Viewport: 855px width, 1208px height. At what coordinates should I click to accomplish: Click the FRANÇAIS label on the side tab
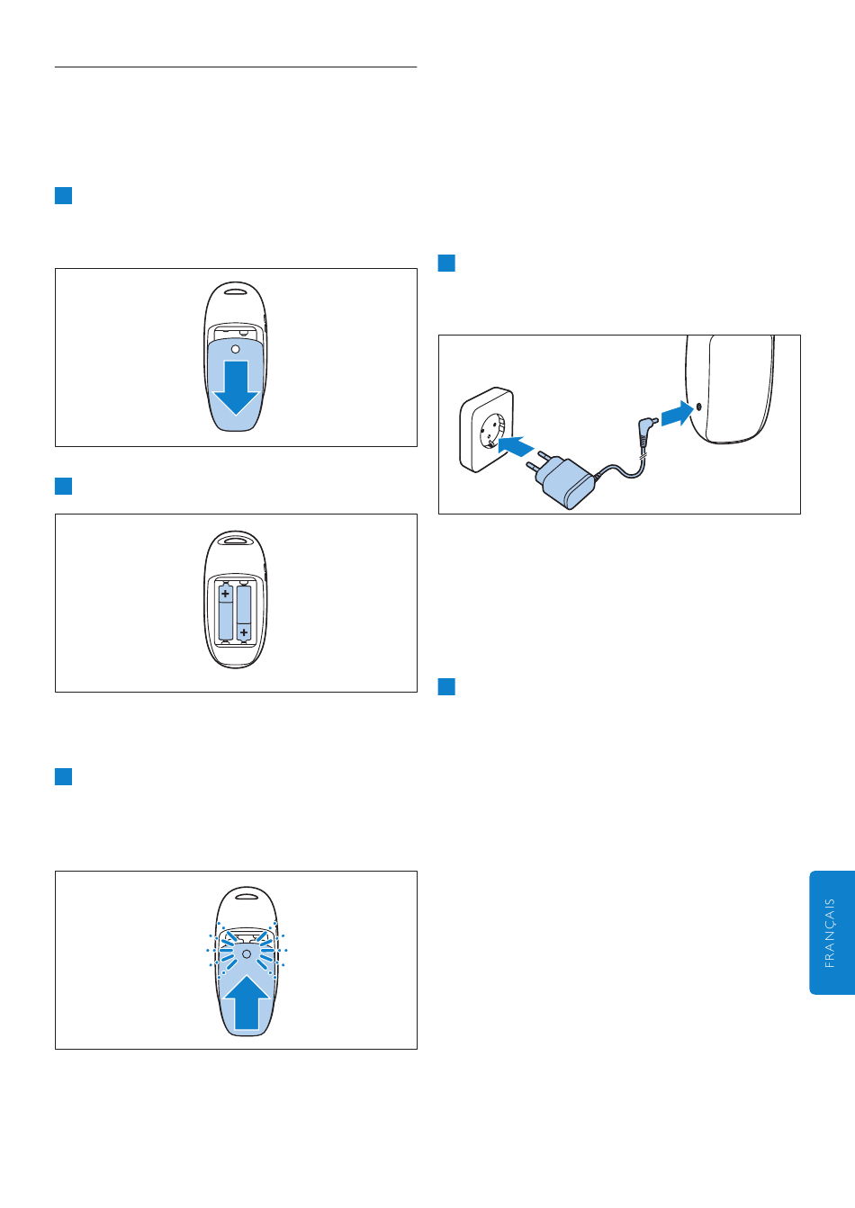point(830,933)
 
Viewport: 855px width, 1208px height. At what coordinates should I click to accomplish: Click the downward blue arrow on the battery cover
point(236,388)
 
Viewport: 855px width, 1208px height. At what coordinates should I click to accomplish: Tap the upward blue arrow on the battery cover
point(247,1003)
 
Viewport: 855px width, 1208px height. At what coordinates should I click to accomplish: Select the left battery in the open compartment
point(226,612)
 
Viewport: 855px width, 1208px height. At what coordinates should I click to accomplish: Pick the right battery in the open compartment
point(244,612)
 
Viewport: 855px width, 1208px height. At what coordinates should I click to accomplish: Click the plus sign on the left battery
point(226,594)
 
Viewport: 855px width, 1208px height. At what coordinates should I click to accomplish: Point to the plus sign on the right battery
point(244,632)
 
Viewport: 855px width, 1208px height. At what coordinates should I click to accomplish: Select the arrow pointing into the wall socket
point(516,446)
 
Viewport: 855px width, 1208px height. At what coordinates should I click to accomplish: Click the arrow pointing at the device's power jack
point(678,414)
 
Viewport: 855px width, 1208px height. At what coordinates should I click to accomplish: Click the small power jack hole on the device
point(699,407)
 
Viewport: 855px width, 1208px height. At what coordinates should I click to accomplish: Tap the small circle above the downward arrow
point(235,350)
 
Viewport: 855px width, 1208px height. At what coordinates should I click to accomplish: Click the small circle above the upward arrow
point(247,954)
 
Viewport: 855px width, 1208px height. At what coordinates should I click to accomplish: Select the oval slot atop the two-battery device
point(235,539)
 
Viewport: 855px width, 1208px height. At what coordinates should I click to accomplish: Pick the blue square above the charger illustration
point(446,264)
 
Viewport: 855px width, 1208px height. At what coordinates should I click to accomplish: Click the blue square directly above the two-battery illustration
point(64,486)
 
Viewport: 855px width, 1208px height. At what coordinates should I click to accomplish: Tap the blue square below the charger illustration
point(446,687)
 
